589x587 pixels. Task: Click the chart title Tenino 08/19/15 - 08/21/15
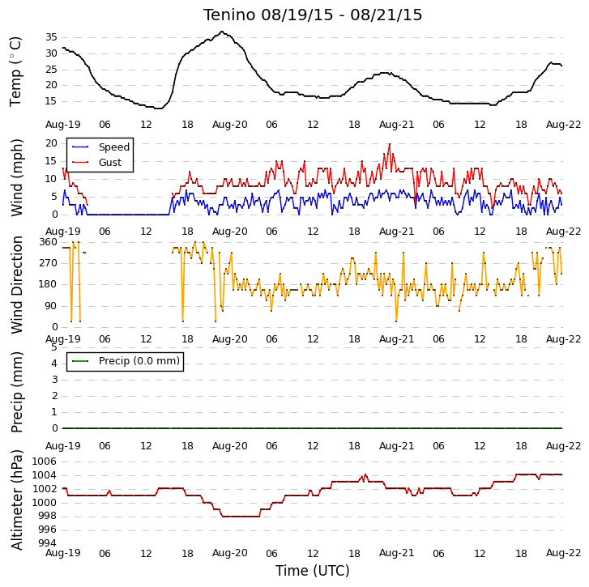[x=313, y=15]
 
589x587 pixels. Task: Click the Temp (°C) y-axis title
[x=15, y=72]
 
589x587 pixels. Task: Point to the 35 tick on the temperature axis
[x=51, y=37]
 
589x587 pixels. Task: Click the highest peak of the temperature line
[x=222, y=32]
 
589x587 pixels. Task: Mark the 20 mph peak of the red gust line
[x=390, y=144]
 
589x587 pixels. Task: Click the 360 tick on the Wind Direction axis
[x=48, y=242]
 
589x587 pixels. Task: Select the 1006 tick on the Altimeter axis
[x=44, y=462]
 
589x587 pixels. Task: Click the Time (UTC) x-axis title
[x=313, y=571]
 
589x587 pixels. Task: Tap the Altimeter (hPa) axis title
[x=16, y=500]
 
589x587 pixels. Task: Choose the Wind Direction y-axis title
[x=16, y=284]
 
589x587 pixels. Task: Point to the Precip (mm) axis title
[x=16, y=392]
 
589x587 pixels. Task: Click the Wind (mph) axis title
[x=16, y=178]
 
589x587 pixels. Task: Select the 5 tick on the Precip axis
[x=54, y=347]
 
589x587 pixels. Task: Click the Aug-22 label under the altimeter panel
[x=563, y=553]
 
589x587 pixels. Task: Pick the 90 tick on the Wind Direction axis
[x=51, y=306]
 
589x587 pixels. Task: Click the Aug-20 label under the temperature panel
[x=229, y=125]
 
